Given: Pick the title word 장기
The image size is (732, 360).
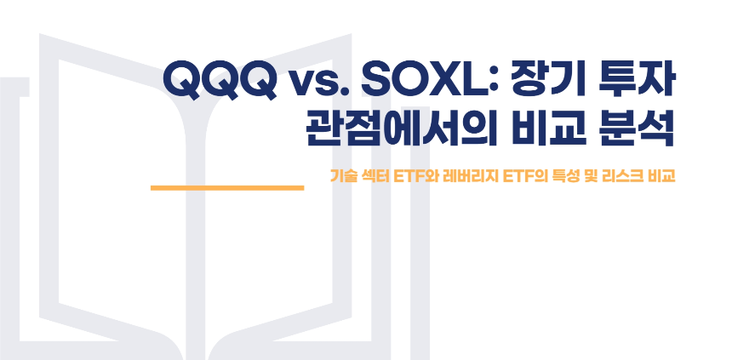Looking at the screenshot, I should point(540,81).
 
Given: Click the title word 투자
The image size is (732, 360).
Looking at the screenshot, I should point(633,81).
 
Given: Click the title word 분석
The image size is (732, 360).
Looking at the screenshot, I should point(634,130).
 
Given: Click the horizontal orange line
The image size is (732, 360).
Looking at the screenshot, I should point(226,186).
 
